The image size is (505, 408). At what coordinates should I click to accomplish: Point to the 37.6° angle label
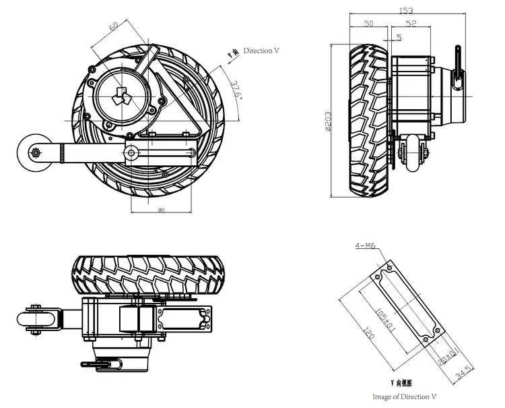[236, 90]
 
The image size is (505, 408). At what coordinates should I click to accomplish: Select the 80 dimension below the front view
[161, 210]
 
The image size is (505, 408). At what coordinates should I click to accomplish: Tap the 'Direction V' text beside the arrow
[263, 51]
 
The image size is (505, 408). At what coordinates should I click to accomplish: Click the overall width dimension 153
[405, 10]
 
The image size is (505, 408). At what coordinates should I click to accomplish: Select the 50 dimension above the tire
[368, 24]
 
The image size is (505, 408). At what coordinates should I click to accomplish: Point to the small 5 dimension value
[399, 37]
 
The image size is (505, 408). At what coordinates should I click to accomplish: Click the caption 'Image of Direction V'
[405, 397]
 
